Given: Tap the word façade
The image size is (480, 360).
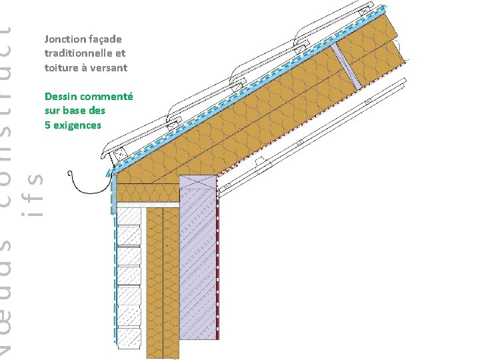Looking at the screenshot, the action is click(x=105, y=39).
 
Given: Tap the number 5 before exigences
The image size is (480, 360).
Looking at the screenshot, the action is click(x=48, y=125).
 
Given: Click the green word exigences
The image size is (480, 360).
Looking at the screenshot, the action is click(x=78, y=125).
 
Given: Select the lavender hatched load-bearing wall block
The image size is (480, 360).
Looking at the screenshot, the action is click(x=199, y=267).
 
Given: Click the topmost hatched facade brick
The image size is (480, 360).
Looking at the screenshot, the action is click(x=129, y=217).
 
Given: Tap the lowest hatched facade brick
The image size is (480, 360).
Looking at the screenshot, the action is click(x=129, y=337).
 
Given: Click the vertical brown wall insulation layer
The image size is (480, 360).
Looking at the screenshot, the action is click(x=163, y=280).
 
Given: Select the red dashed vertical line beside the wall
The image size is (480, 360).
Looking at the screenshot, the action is click(x=219, y=267).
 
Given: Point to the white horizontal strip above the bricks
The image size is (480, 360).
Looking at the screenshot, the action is click(x=147, y=204).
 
